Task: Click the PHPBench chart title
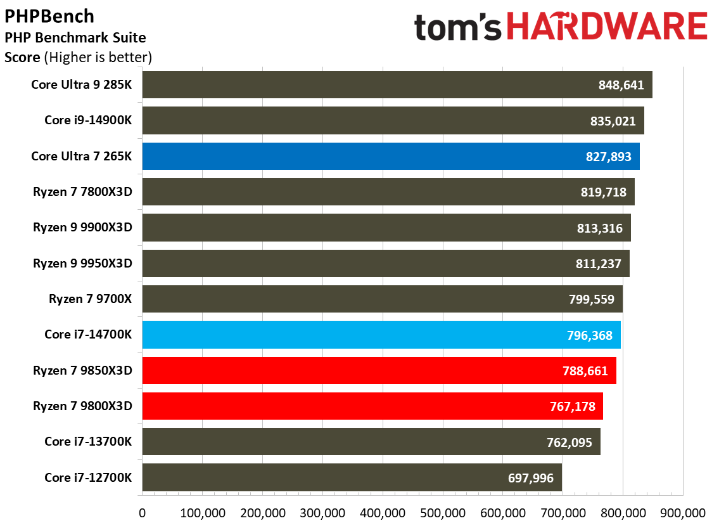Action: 49,16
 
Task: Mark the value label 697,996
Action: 531,478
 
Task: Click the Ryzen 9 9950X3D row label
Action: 82,263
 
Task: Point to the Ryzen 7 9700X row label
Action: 90,299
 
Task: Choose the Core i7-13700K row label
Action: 88,442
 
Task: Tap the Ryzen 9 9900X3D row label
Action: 82,228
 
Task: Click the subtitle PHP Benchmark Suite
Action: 75,38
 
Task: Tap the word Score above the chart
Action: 23,58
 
